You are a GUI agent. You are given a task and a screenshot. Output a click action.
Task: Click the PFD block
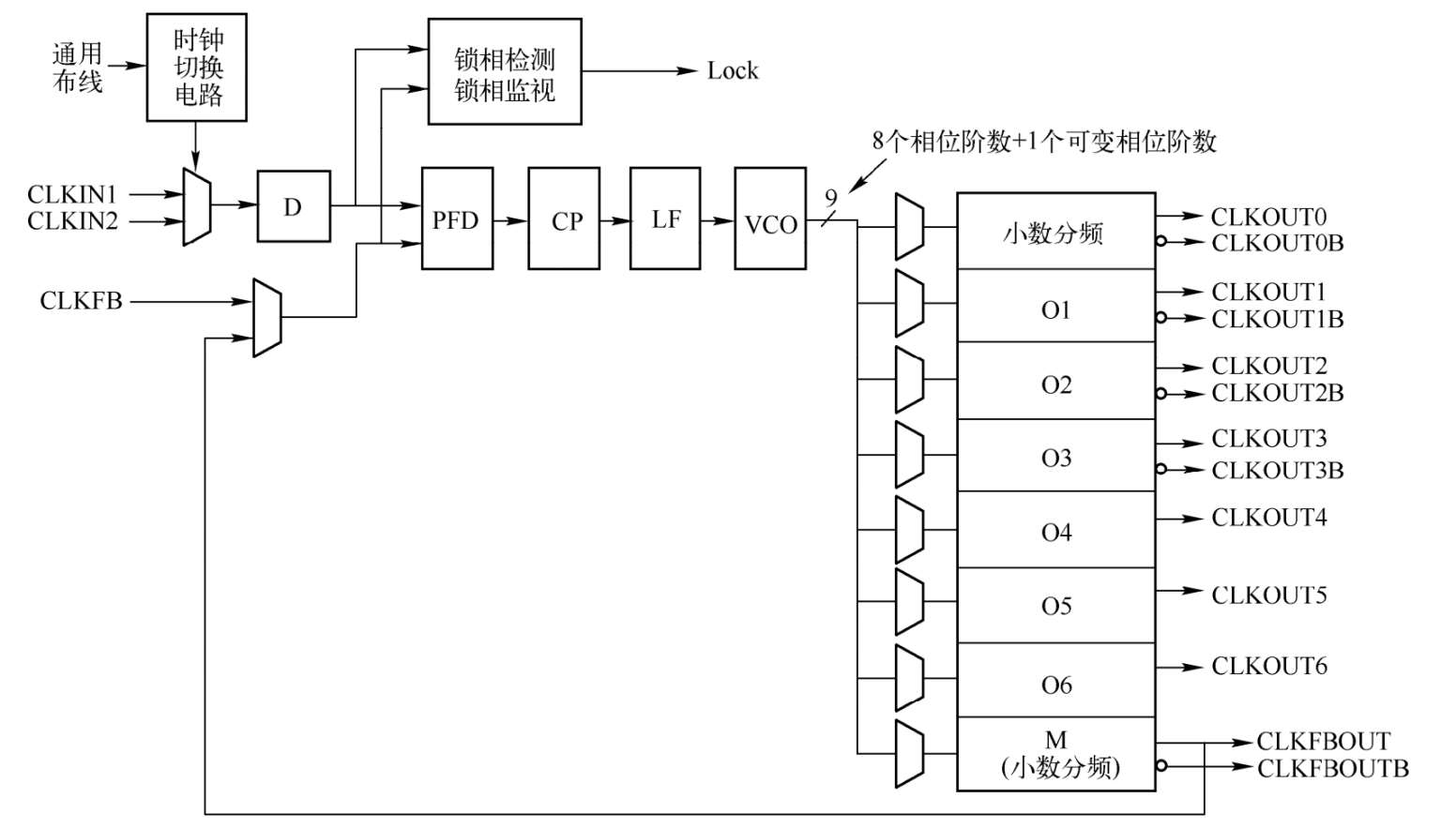[457, 219]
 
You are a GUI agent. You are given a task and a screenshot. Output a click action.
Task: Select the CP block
[564, 219]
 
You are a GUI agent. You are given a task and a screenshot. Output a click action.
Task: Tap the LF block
[665, 219]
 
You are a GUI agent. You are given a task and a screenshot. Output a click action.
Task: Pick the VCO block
[770, 219]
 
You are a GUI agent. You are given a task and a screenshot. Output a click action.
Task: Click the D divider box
[294, 206]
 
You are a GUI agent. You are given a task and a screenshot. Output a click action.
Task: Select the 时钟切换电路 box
[197, 68]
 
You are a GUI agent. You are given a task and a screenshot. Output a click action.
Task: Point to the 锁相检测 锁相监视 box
[505, 72]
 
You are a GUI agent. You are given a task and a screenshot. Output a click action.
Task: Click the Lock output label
[732, 71]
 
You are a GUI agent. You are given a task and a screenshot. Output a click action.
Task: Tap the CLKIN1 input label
[72, 194]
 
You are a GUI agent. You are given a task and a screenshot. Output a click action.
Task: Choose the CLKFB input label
[81, 301]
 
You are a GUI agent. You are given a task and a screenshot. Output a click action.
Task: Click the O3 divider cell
[1055, 457]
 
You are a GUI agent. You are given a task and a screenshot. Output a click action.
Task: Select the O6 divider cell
[1055, 683]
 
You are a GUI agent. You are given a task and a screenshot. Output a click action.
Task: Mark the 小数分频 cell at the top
[1055, 232]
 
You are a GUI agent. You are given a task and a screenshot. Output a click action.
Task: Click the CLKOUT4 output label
[1268, 518]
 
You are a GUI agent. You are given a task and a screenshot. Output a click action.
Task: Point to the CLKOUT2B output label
[1277, 393]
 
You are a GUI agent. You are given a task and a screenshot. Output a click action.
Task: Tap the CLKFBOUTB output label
[1332, 768]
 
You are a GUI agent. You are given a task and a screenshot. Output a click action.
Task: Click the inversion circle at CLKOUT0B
[1161, 242]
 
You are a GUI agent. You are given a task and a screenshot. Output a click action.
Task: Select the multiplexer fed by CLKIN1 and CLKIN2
[197, 207]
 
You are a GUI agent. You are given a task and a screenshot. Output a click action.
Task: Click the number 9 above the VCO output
[830, 198]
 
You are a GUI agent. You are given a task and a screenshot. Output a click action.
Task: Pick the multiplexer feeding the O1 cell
[909, 303]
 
